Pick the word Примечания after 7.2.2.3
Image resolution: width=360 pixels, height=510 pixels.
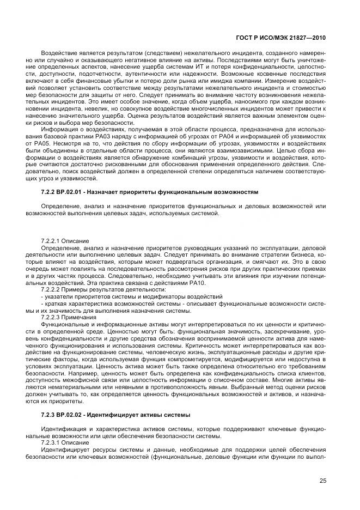[81, 317]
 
